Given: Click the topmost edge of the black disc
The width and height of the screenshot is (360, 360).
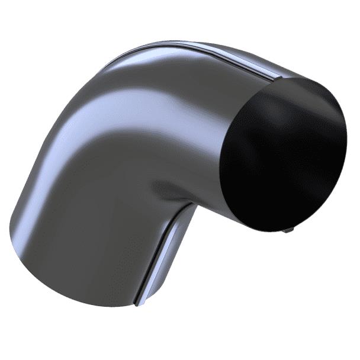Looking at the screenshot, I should pyautogui.click(x=296, y=78).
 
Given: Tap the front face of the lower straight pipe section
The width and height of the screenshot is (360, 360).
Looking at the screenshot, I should pyautogui.click(x=89, y=237).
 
